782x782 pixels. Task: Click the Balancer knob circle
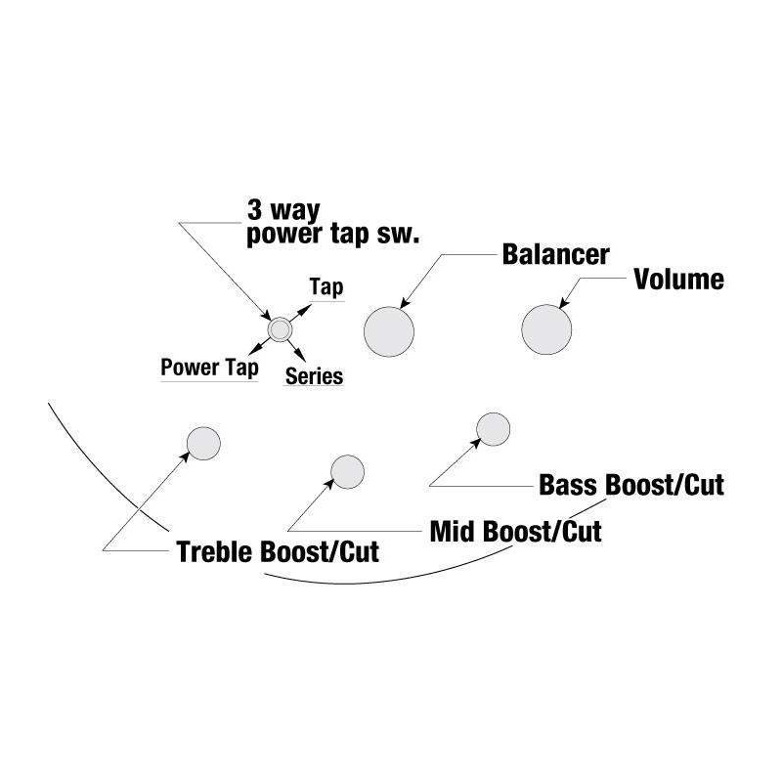tap(389, 331)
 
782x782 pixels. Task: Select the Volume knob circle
tap(546, 329)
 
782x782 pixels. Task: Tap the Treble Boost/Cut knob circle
tap(203, 443)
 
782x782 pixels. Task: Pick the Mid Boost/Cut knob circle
tap(348, 471)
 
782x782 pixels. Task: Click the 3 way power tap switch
tap(280, 330)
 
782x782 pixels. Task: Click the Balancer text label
tap(555, 254)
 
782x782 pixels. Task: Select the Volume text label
tap(678, 280)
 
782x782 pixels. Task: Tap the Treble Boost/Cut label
tap(277, 551)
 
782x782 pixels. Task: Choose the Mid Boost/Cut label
tap(515, 532)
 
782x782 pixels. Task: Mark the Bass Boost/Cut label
tap(631, 485)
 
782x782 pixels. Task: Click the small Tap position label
tap(326, 287)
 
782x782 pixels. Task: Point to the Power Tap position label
tap(209, 369)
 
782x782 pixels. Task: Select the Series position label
tap(314, 375)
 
